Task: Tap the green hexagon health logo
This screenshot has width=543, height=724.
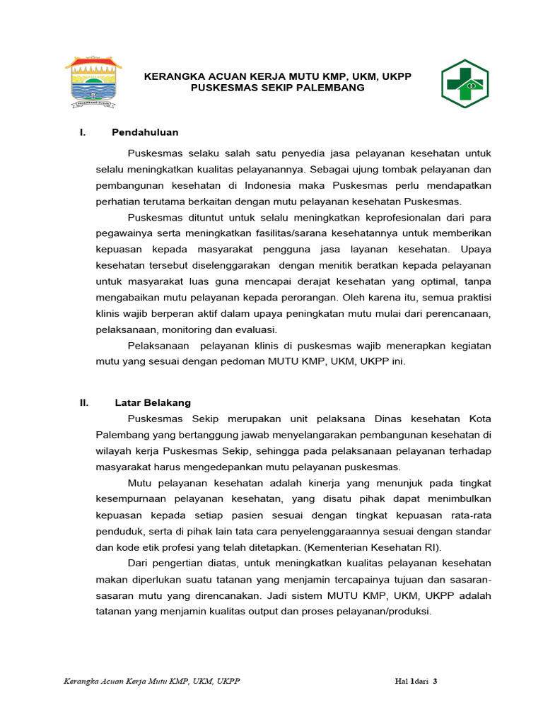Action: click(x=465, y=83)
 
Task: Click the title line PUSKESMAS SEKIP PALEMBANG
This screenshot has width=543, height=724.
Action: click(x=278, y=88)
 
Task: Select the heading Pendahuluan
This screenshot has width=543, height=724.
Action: click(x=145, y=132)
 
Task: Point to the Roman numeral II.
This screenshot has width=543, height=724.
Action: click(x=84, y=402)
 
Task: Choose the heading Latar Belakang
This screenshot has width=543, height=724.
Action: click(x=153, y=402)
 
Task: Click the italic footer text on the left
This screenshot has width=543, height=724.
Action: click(x=152, y=682)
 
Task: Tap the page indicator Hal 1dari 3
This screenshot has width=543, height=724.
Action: click(x=416, y=682)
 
